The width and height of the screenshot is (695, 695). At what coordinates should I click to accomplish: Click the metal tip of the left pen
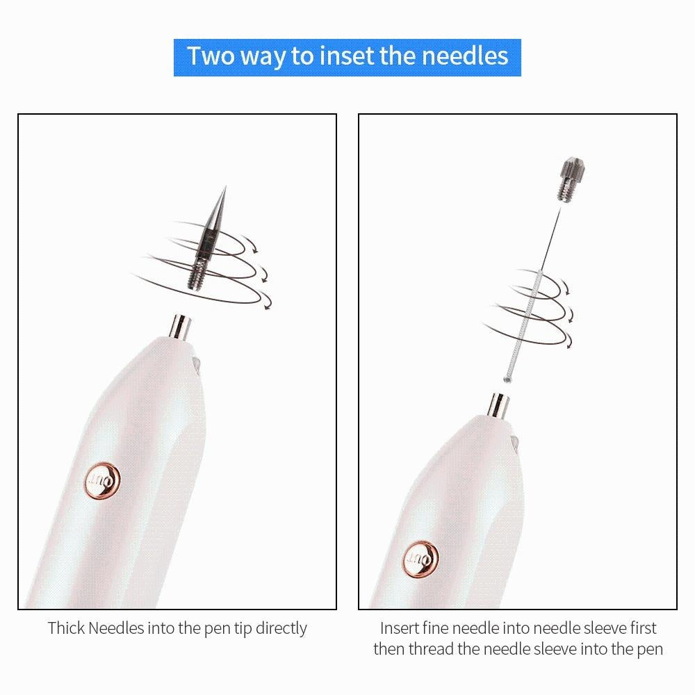point(182,327)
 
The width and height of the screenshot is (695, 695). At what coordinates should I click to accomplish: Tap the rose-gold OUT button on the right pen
point(420,558)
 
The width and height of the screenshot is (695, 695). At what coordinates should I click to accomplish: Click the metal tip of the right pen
point(498,406)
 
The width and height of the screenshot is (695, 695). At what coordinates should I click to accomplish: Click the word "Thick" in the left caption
point(66,628)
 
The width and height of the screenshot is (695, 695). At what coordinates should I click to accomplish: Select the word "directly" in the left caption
point(281,628)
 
